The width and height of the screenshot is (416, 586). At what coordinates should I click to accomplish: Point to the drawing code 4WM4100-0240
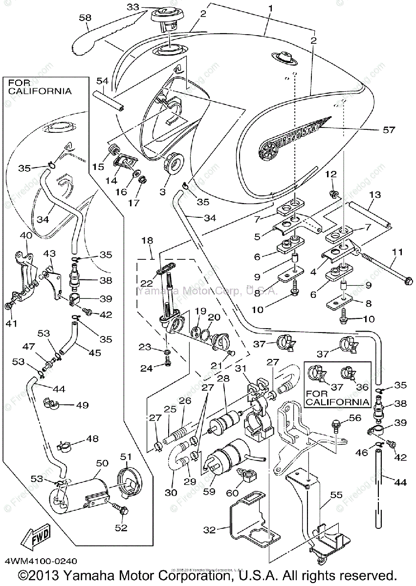41,562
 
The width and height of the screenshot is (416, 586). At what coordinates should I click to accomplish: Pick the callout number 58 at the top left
86,18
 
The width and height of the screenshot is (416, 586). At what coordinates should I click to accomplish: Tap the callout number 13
374,195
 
